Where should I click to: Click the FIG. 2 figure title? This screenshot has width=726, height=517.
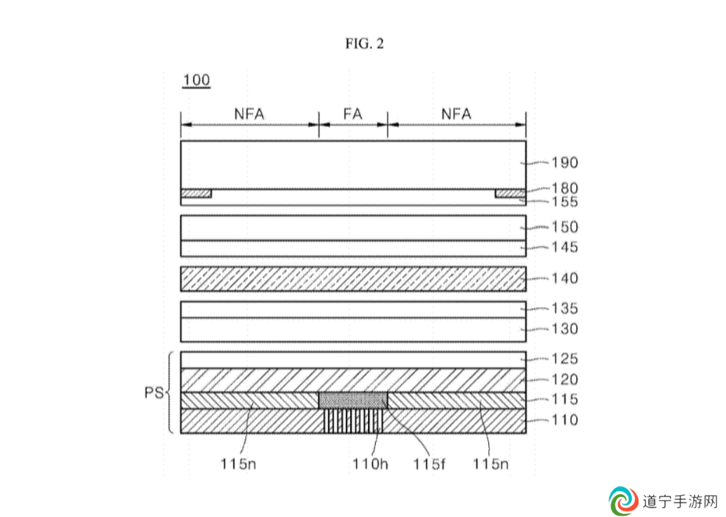coord(364,44)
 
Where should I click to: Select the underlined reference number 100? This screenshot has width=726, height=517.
coord(196,80)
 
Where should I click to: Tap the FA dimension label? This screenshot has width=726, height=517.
coord(353,114)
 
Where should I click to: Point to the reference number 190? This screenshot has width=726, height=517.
coord(564,162)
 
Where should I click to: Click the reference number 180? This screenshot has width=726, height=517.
coord(564,188)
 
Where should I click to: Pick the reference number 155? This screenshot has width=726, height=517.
coord(564,202)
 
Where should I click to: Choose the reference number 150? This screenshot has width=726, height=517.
coord(564,227)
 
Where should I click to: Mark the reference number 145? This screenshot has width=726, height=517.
coord(564,246)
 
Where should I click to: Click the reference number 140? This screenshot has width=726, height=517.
coord(564,278)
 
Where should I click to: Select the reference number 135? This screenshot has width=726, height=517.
coord(564,308)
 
